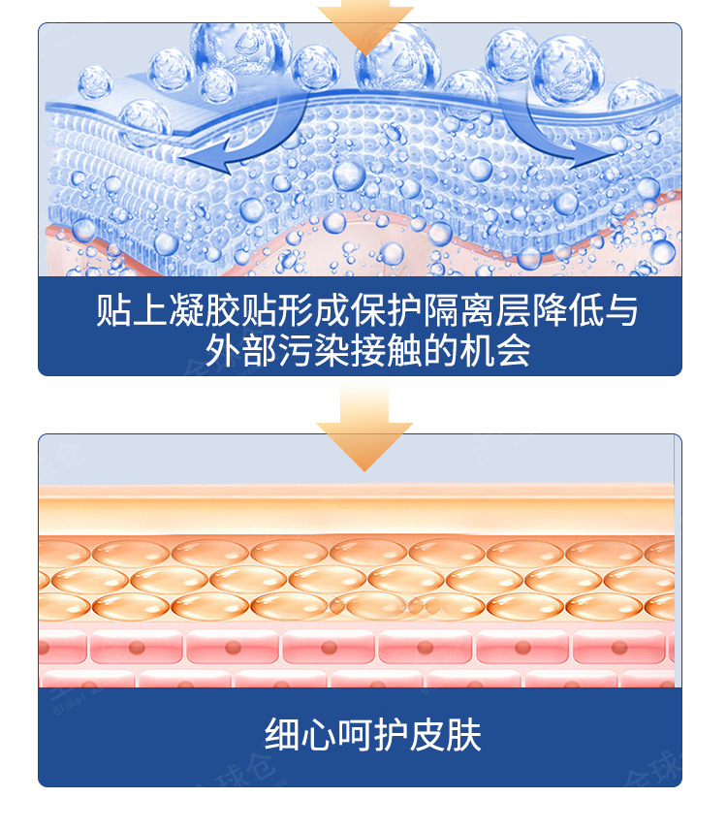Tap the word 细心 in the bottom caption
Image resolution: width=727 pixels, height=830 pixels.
click(x=293, y=736)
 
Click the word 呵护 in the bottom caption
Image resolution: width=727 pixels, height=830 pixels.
click(x=364, y=736)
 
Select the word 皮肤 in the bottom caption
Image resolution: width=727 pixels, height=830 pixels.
click(x=435, y=736)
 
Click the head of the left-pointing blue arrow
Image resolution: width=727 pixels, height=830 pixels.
click(x=192, y=159)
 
